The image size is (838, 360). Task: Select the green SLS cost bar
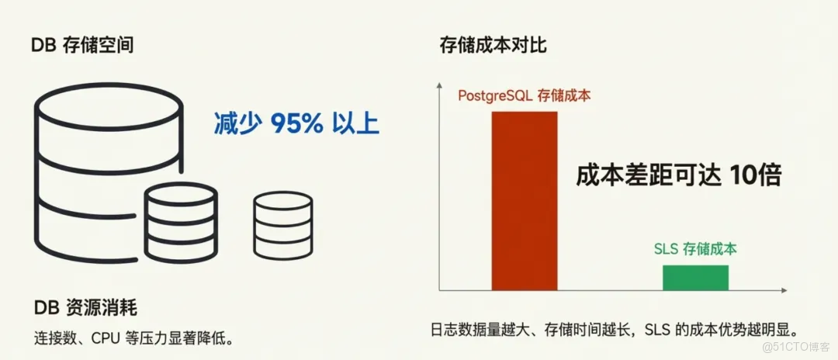(x=695, y=277)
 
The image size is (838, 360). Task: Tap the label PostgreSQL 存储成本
(x=525, y=96)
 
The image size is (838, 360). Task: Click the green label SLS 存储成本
(x=695, y=249)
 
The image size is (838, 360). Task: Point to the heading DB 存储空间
(x=82, y=45)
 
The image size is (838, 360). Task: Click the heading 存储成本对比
(x=493, y=45)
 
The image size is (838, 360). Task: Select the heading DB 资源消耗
(x=85, y=308)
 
